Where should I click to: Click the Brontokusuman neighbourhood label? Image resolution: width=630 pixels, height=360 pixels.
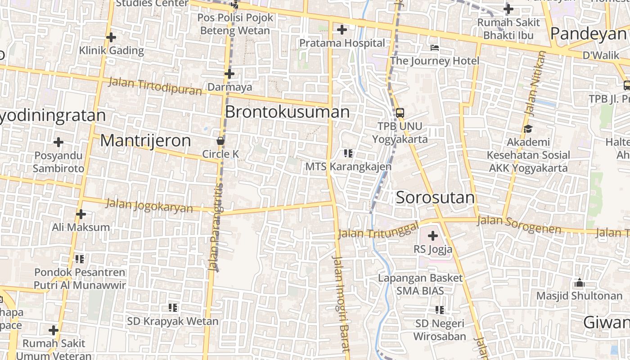click(x=287, y=112)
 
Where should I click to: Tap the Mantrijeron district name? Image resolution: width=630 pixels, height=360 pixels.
click(x=145, y=141)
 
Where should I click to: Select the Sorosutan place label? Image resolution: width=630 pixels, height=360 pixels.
click(x=435, y=198)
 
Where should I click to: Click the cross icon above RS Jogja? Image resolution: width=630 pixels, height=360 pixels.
click(x=433, y=235)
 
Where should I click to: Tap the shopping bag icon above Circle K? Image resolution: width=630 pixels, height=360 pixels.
click(x=220, y=141)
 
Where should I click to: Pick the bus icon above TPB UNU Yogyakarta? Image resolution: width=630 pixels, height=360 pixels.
click(x=400, y=112)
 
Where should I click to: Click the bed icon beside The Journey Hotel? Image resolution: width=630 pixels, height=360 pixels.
click(x=435, y=47)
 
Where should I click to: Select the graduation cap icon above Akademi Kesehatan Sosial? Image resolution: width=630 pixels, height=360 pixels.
click(x=527, y=129)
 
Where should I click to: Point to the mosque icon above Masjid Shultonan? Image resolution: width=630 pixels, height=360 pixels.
click(x=580, y=283)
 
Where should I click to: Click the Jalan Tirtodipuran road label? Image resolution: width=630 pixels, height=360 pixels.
click(x=155, y=86)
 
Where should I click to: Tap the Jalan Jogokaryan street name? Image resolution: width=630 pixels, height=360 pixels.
click(x=149, y=206)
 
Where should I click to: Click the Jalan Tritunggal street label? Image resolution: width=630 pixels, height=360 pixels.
click(x=378, y=230)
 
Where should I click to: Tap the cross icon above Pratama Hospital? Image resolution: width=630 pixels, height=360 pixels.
click(x=342, y=30)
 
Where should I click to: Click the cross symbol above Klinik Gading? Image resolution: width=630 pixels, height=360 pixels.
click(x=111, y=37)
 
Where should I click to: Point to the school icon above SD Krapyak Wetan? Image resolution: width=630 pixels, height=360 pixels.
click(x=173, y=308)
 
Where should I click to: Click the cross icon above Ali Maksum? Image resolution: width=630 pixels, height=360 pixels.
click(x=81, y=214)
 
